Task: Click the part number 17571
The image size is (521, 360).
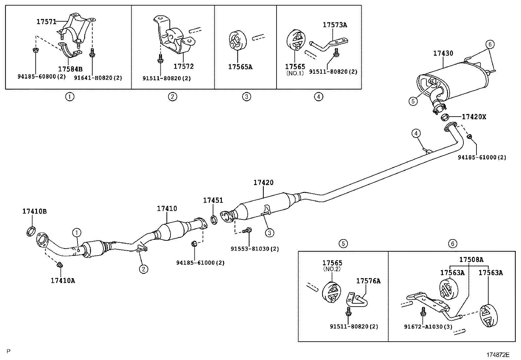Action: pos(46,22)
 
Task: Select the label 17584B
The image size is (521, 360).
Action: pos(70,69)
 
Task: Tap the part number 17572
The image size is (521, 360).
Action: pos(184,66)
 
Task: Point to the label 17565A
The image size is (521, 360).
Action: pos(241,67)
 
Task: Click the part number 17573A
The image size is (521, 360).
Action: pos(335,25)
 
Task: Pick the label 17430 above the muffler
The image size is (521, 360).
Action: pos(443,53)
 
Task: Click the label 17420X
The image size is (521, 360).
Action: pos(474,117)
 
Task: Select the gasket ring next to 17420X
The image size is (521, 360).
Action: pos(445,117)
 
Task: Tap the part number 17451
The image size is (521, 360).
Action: pos(213,200)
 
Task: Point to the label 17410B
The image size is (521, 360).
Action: pos(34,211)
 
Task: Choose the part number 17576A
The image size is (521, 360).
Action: pos(368,281)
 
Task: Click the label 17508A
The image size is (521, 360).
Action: pos(471,260)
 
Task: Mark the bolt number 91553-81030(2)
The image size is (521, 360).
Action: pos(255,249)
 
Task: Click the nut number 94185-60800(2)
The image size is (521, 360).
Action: pos(42,77)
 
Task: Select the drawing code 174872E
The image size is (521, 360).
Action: pos(498,355)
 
